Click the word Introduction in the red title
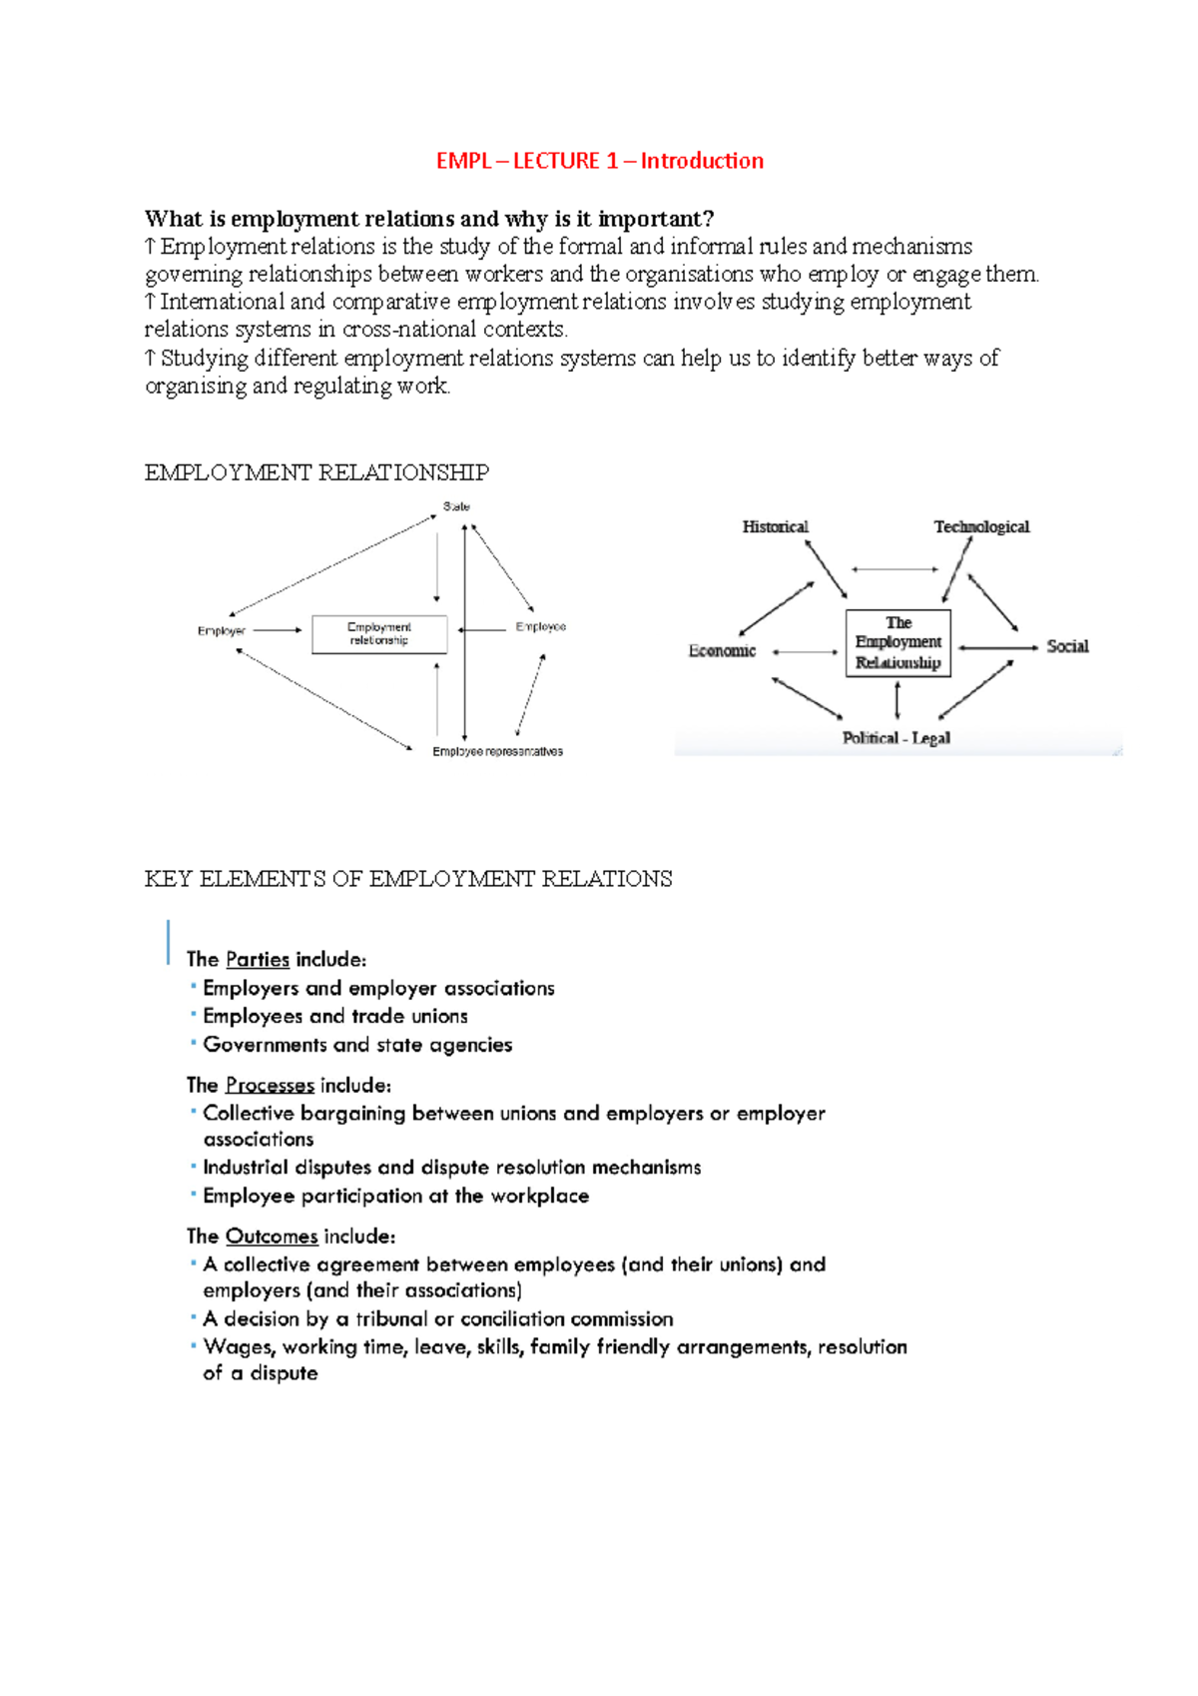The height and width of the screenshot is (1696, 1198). tap(702, 161)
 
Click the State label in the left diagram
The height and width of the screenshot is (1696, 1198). tap(456, 506)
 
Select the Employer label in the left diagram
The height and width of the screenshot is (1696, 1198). tap(221, 631)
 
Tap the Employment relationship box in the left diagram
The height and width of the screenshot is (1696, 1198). tap(379, 634)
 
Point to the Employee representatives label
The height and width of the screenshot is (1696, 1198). tap(497, 751)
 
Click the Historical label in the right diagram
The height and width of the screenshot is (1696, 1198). tap(775, 526)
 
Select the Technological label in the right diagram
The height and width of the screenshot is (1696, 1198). tap(981, 526)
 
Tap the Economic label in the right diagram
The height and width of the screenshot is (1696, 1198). tap(722, 651)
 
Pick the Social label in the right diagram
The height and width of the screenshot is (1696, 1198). tap(1067, 646)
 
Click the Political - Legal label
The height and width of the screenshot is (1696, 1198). tap(896, 738)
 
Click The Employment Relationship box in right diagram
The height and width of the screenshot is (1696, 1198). tap(898, 642)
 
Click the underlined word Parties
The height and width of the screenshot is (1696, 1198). tap(258, 960)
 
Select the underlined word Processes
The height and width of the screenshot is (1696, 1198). tap(270, 1086)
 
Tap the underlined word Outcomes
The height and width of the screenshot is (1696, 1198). tap(272, 1237)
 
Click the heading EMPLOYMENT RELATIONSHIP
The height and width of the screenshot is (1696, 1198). tap(316, 472)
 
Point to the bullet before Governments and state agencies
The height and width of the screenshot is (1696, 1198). tap(193, 1044)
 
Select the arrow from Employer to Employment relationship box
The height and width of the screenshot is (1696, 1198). tap(277, 630)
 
